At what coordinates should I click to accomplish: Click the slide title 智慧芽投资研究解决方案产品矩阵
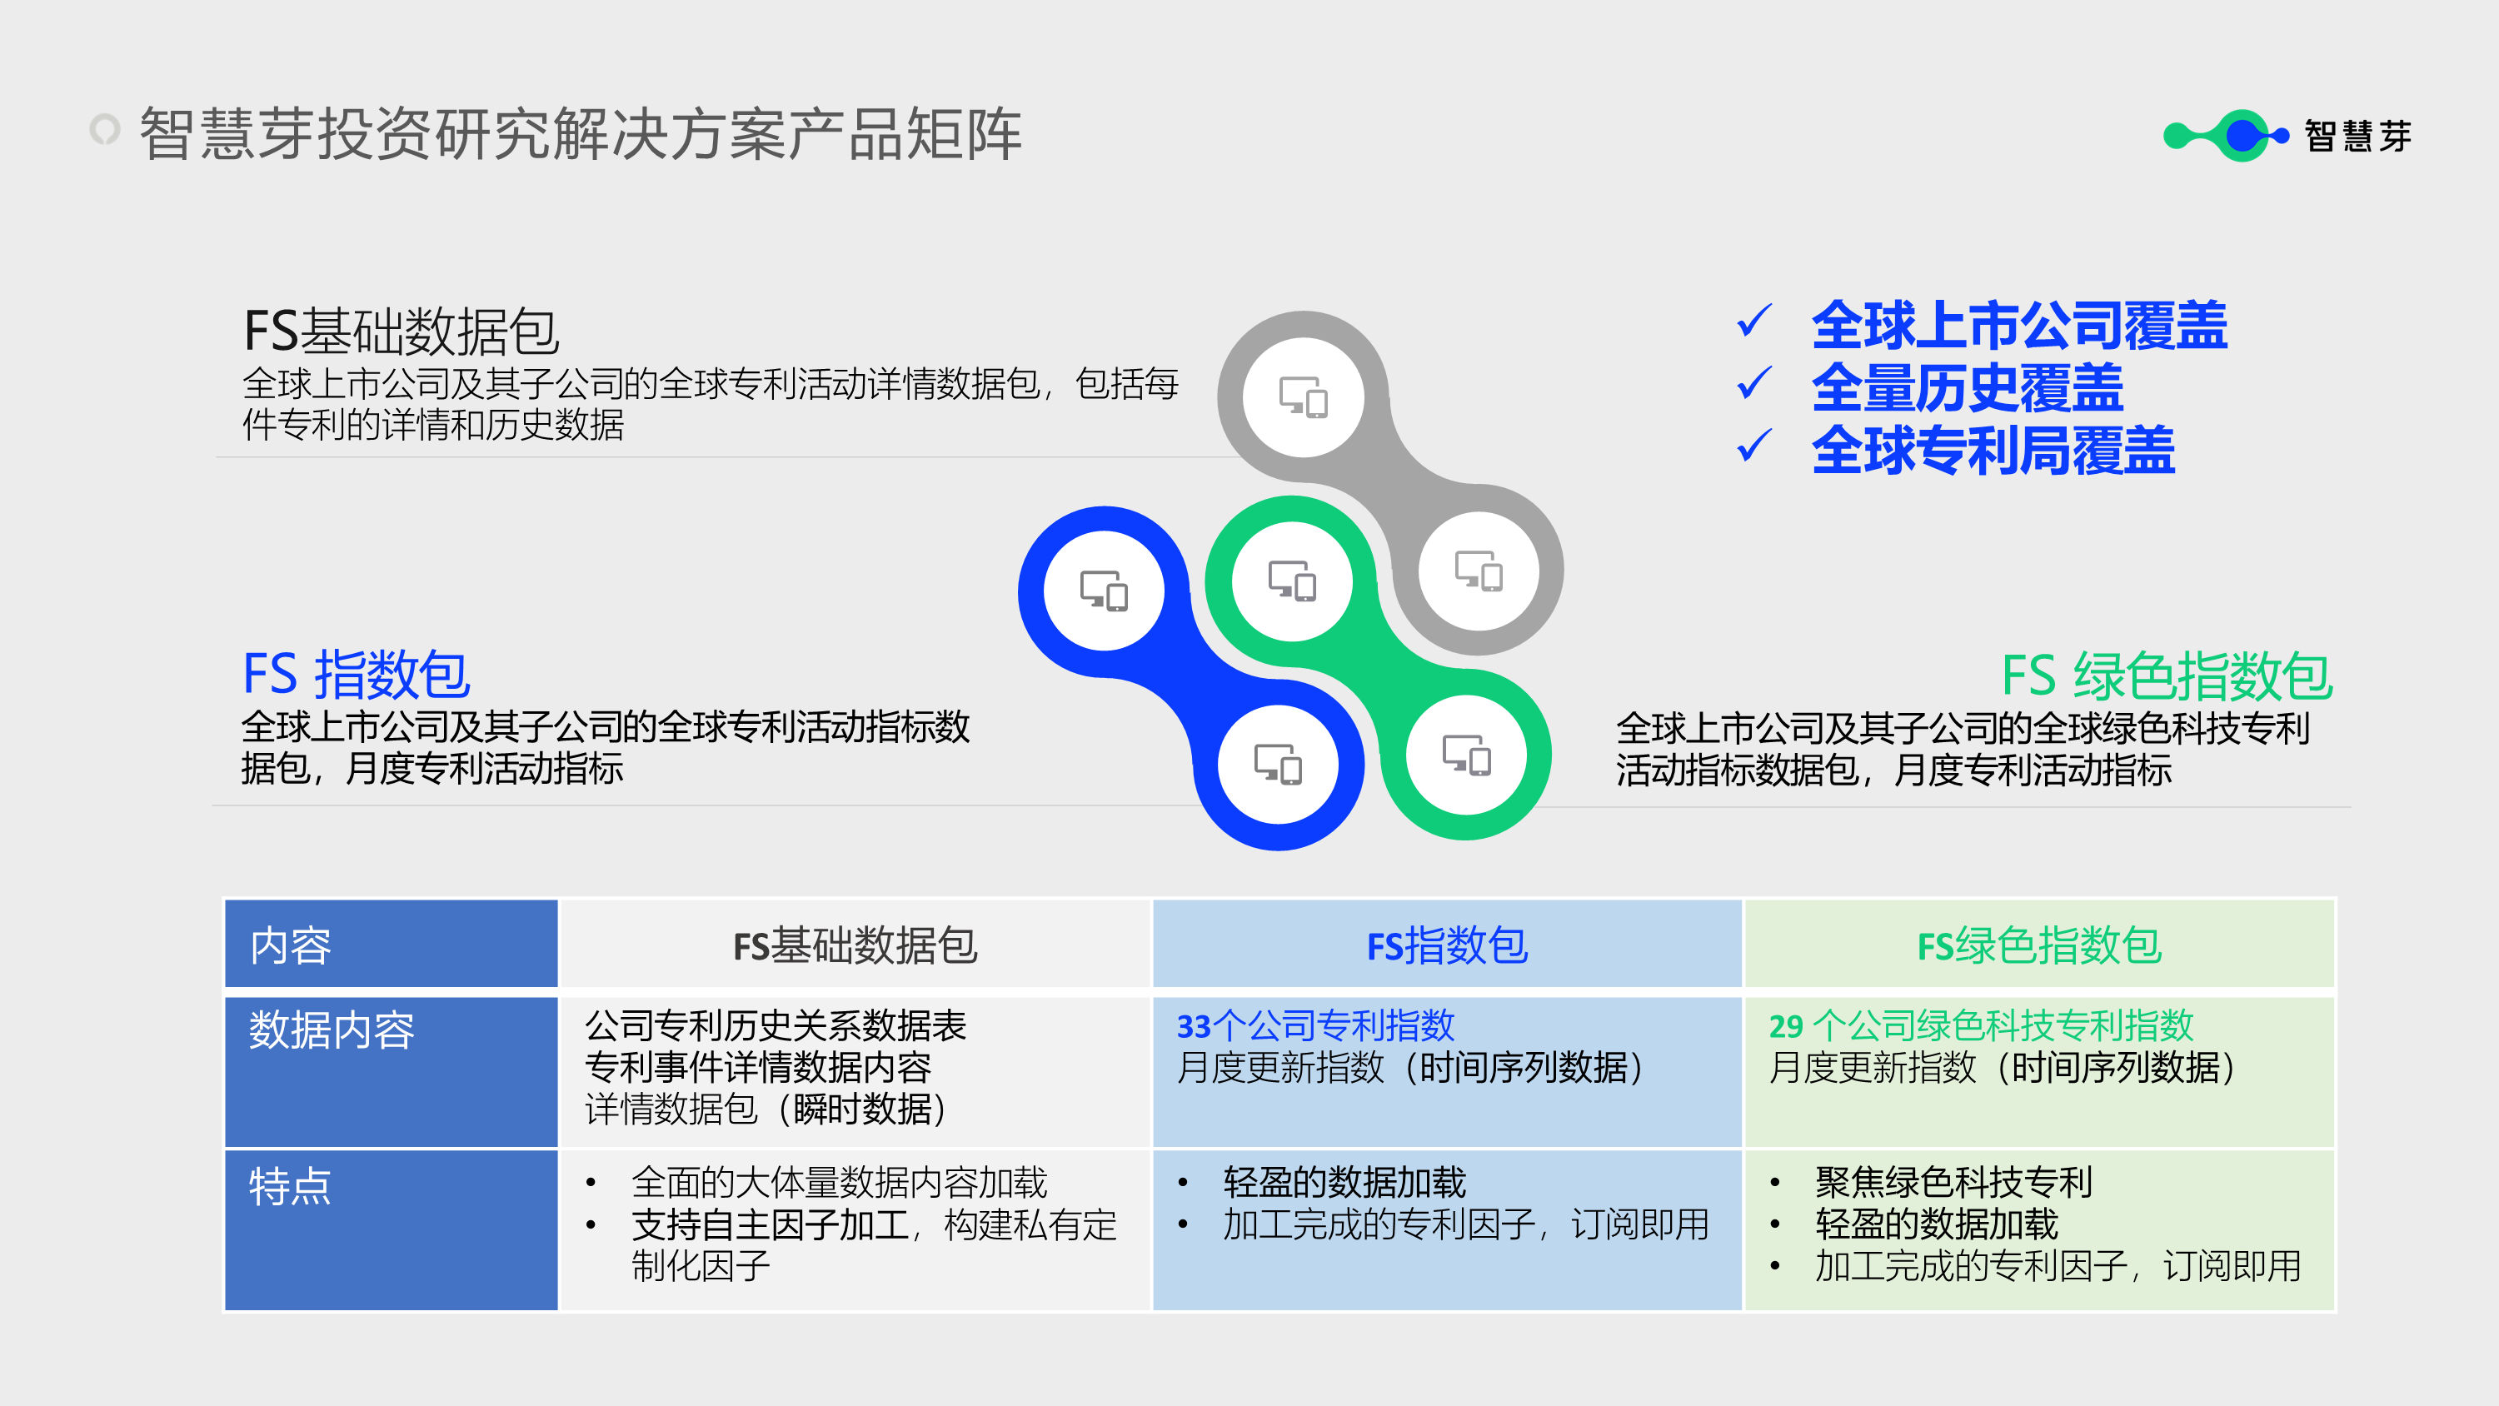click(580, 134)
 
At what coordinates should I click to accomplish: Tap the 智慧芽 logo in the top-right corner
click(2287, 136)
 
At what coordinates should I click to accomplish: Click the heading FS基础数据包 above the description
click(401, 331)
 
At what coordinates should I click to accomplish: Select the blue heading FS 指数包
click(356, 675)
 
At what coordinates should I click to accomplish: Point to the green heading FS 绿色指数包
click(2167, 676)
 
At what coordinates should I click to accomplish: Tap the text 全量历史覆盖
click(1967, 388)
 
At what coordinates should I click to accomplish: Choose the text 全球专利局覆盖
click(1993, 451)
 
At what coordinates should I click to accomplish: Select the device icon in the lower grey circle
click(1479, 571)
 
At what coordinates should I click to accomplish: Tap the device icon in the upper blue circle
click(1104, 590)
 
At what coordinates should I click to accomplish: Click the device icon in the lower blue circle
click(1278, 765)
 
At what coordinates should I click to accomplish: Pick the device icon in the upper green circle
click(1292, 581)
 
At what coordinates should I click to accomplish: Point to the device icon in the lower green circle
click(1466, 755)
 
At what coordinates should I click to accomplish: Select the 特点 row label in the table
click(290, 1186)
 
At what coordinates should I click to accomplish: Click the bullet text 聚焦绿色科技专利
click(1953, 1182)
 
